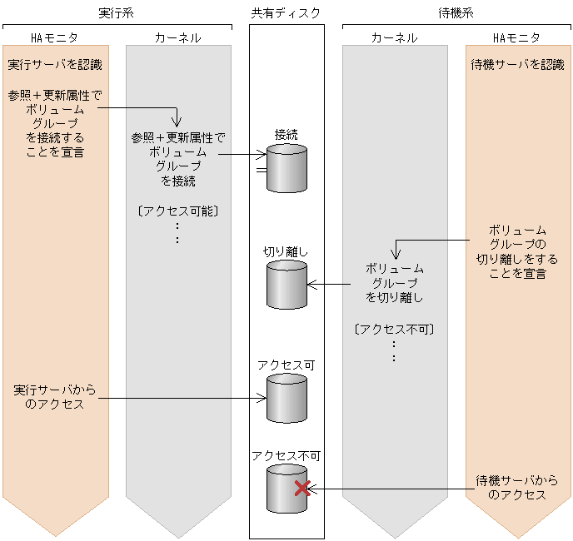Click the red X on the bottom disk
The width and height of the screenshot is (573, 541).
coord(302,489)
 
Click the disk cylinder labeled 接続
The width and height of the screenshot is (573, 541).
coord(286,168)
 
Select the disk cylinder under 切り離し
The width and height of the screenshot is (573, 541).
coord(286,285)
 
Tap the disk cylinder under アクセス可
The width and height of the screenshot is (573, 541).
coord(286,398)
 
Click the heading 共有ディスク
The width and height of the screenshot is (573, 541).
coord(286,13)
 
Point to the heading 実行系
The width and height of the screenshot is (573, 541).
coord(117,13)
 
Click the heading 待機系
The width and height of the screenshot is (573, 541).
coord(456,13)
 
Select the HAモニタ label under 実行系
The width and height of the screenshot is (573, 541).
coord(56,37)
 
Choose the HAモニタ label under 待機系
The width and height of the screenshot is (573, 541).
coord(516,37)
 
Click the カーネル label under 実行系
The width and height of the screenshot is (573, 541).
coord(177,37)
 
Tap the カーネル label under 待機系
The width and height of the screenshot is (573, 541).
coord(393,37)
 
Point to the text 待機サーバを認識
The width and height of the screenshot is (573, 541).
coord(518,64)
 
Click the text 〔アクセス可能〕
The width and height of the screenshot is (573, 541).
coord(178,211)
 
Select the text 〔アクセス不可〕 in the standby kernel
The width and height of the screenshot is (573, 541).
coord(394,329)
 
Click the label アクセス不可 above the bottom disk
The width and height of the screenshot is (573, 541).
coord(286,455)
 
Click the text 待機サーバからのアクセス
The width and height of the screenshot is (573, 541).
coord(516,487)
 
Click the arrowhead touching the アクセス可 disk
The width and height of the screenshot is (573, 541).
coord(262,399)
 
